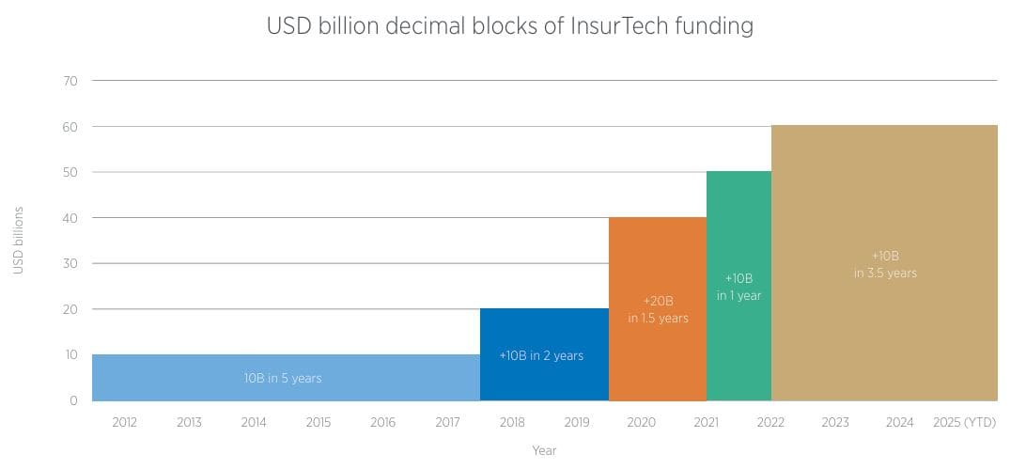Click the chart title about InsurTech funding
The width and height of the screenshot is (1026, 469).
[510, 26]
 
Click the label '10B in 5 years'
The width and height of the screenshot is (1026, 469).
[283, 378]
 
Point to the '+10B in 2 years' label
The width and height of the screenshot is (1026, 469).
[541, 355]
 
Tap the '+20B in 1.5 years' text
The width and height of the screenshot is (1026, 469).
[658, 309]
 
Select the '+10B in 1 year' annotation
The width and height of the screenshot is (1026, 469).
[738, 287]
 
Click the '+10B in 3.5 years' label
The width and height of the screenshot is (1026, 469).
[885, 264]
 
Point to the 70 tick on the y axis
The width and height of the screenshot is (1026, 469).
[70, 81]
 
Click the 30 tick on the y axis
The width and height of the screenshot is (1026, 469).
[70, 264]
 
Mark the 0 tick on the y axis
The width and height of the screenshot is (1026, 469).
[73, 401]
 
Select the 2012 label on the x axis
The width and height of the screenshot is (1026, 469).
[124, 423]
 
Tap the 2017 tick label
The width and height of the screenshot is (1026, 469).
[447, 423]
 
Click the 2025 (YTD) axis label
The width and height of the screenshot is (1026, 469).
[964, 423]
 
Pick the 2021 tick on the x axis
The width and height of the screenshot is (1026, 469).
[706, 423]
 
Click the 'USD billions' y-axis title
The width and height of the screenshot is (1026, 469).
[19, 241]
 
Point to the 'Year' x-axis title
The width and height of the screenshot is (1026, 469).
[544, 451]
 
